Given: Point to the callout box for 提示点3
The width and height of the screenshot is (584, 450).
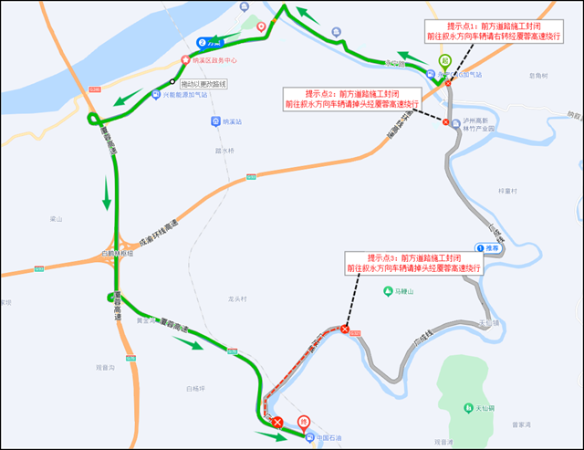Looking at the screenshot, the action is click(x=412, y=263).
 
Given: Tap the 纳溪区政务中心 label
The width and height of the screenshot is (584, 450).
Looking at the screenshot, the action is click(x=214, y=61).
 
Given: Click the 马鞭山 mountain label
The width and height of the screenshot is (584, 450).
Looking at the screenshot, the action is click(x=398, y=292).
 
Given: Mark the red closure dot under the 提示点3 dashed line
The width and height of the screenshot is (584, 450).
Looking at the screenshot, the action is click(x=344, y=330).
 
